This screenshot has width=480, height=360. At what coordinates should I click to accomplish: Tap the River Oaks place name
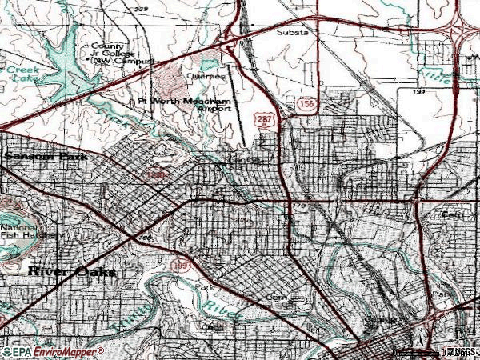coord(71,272)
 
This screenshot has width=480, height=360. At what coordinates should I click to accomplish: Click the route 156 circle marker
coord(305,103)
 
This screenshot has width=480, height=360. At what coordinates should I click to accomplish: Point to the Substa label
coord(291,33)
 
